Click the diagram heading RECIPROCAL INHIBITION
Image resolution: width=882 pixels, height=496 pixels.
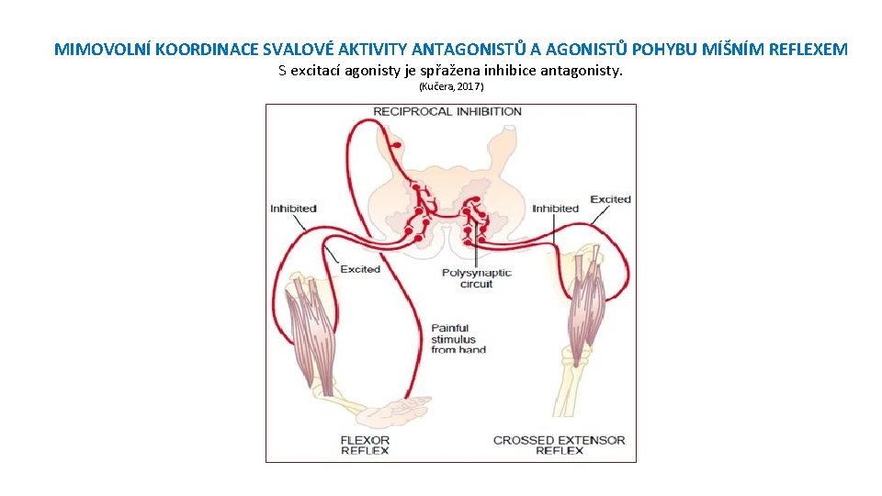point(447,112)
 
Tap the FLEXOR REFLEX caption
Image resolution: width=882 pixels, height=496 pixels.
point(365,445)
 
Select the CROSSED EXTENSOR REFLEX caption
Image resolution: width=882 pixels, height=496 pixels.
point(559,445)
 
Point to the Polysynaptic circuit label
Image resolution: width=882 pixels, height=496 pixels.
point(476,278)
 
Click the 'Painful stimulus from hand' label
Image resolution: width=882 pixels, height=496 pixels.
point(458,338)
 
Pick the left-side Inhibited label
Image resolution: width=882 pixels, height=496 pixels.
point(294,209)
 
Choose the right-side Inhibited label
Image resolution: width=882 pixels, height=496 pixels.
point(555,209)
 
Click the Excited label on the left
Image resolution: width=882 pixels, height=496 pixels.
point(360,269)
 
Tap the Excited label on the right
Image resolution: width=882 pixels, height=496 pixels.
point(610,199)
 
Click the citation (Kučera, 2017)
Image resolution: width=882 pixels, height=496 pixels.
point(451,86)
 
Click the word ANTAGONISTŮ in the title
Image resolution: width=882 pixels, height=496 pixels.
point(469,49)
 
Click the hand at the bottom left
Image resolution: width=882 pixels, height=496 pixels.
point(395,405)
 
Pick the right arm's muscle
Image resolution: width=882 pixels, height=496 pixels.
point(586,303)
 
